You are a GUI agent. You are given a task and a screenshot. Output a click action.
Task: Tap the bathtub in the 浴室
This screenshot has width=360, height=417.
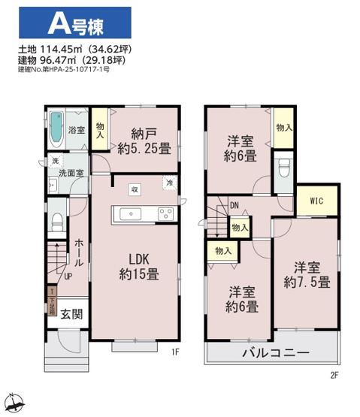coord(57,129)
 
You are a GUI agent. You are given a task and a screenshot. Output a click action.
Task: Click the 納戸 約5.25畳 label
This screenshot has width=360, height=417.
coord(143,141)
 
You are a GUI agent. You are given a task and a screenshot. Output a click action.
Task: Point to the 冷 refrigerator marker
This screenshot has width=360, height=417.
coord(169,183)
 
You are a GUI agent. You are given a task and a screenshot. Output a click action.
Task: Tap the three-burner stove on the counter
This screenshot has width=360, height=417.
coord(165,214)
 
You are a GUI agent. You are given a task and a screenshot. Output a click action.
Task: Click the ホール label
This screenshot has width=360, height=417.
coord(78,253)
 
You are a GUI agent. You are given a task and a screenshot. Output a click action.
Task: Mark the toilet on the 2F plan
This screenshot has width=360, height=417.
coord(284,166)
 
